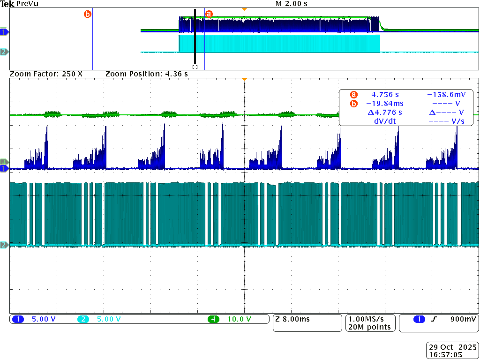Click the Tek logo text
click(x=7, y=4)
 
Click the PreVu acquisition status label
click(x=27, y=4)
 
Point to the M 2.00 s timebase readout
click(x=292, y=4)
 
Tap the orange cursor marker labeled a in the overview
click(x=209, y=15)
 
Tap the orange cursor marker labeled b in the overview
click(x=87, y=14)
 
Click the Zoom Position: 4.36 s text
click(x=147, y=74)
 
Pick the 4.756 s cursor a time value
click(x=385, y=95)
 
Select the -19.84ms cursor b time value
click(x=384, y=104)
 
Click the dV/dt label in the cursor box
click(x=385, y=121)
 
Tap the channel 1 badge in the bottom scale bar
click(x=18, y=320)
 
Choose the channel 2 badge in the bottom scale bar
click(x=82, y=320)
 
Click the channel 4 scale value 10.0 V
click(x=240, y=320)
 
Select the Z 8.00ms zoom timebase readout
click(x=292, y=320)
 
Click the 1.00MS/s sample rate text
click(x=369, y=320)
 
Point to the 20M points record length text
click(x=369, y=327)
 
